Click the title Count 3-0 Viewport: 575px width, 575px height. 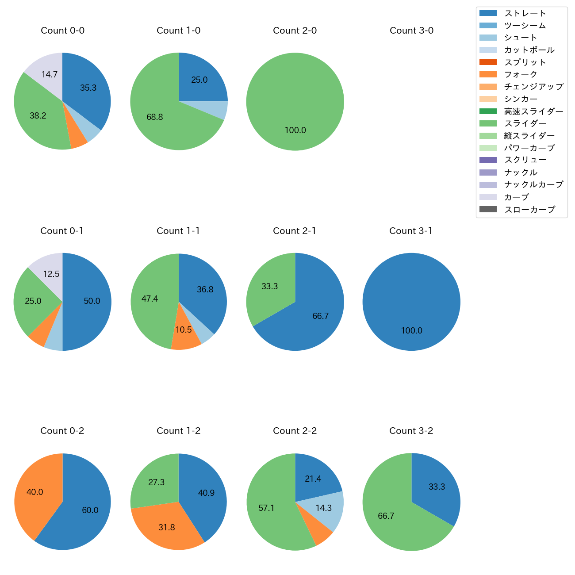(x=411, y=31)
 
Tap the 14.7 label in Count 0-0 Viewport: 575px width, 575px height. (x=50, y=74)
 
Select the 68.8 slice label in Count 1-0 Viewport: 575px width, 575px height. (x=155, y=117)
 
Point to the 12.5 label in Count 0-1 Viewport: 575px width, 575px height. (x=51, y=274)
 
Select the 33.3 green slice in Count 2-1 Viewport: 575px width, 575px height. (x=269, y=286)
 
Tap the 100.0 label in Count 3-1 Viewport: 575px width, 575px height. (x=411, y=330)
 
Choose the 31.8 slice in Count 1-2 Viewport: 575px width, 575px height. (x=167, y=527)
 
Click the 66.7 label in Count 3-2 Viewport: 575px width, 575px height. (x=386, y=516)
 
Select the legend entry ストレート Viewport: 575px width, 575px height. (x=525, y=13)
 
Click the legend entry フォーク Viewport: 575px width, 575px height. (x=521, y=74)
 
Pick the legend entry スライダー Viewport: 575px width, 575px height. (x=525, y=123)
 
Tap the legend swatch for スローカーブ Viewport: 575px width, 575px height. (x=487, y=209)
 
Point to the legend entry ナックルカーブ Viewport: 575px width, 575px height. (x=533, y=184)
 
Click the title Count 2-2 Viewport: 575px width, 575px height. (x=295, y=431)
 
